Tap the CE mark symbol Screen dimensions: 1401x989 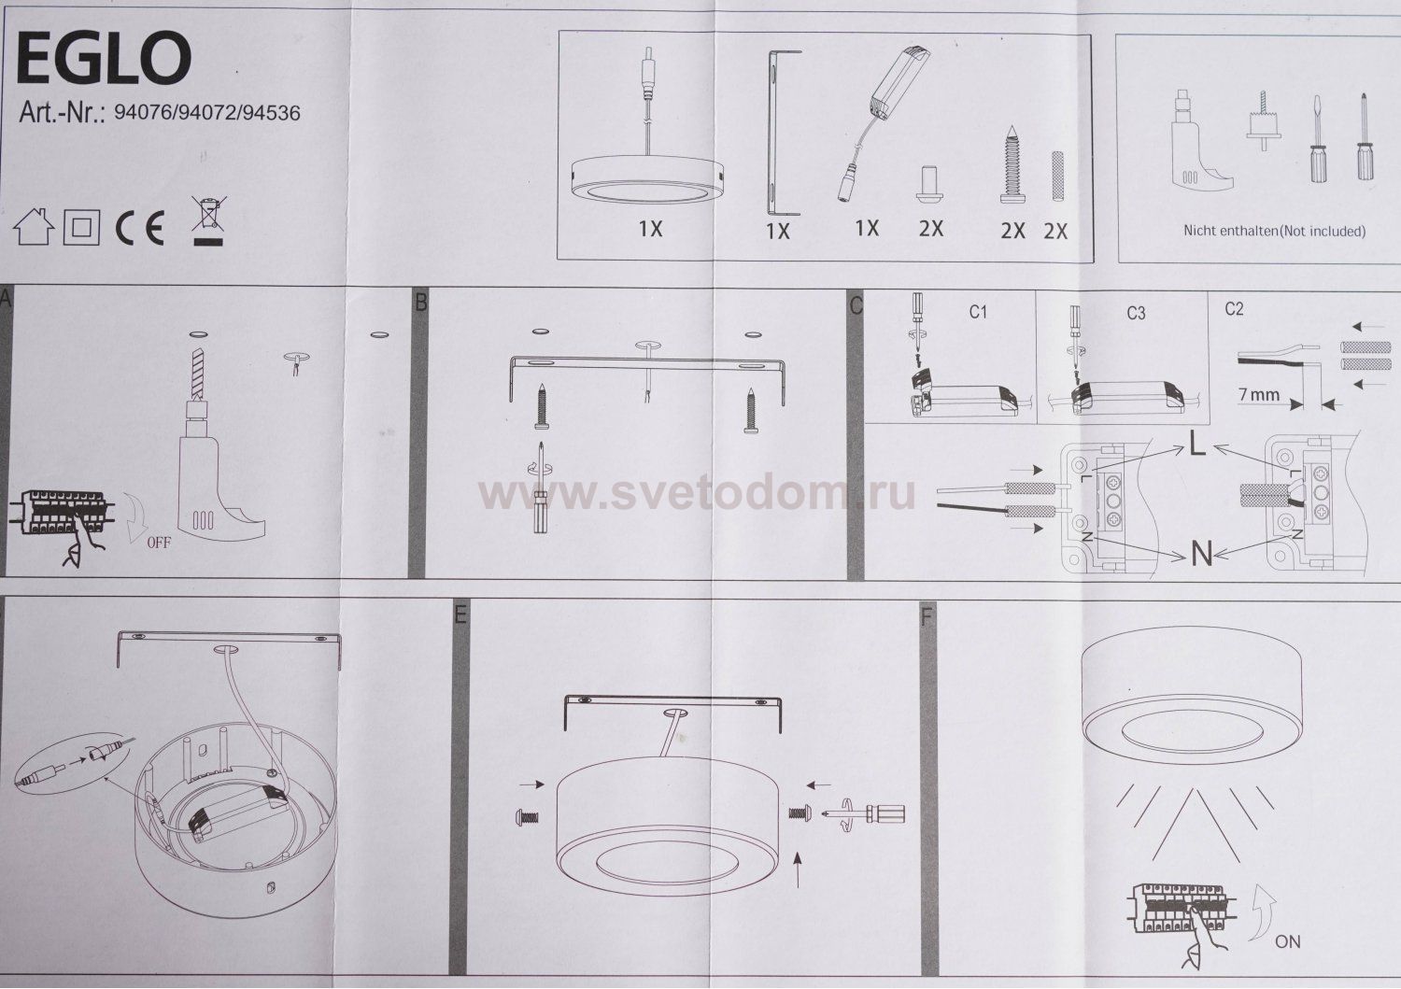[x=140, y=227]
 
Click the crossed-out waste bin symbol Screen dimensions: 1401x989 [x=209, y=220]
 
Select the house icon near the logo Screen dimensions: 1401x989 [x=34, y=226]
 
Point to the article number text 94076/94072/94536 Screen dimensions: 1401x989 [x=207, y=113]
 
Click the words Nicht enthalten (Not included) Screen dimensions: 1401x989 [x=1274, y=231]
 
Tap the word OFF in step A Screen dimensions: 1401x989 [x=158, y=543]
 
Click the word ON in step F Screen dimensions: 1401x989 [x=1287, y=941]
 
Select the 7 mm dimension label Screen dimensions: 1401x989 [x=1259, y=395]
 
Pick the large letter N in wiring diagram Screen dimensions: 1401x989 [x=1201, y=554]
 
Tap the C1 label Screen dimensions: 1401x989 [x=978, y=312]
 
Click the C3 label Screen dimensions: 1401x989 [x=1136, y=313]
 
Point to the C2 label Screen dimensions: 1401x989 [x=1234, y=309]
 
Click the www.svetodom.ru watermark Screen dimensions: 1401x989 [x=697, y=493]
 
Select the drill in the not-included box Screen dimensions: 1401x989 [x=1199, y=141]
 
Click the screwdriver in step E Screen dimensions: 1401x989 [x=866, y=813]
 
